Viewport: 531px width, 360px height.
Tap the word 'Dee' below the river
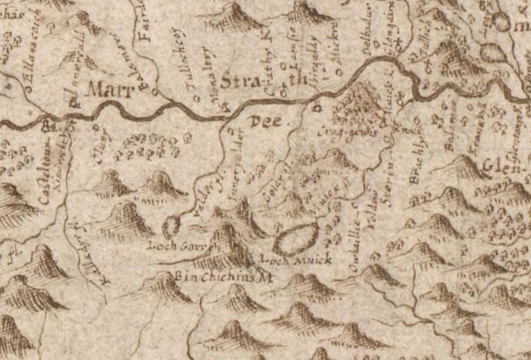click(264, 121)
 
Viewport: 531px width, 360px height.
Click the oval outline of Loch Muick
click(295, 239)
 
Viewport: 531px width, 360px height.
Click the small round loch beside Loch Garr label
click(172, 227)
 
